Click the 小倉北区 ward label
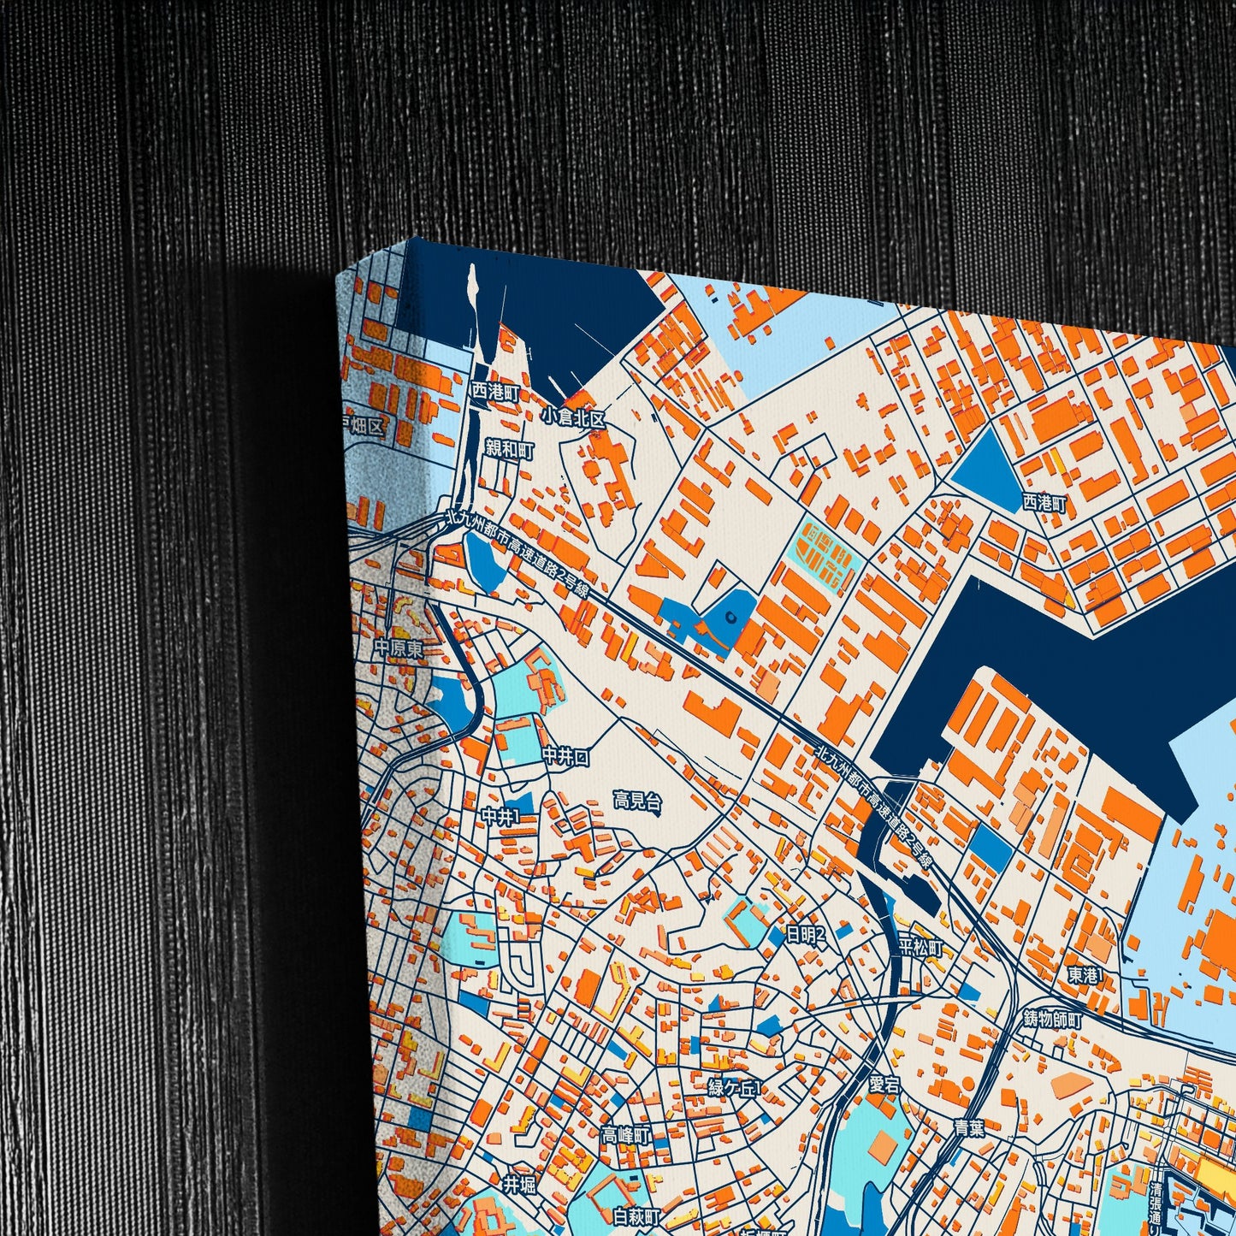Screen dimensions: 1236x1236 coord(573,419)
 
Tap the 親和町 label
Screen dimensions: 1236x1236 coord(509,449)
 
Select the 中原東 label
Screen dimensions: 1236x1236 coord(399,649)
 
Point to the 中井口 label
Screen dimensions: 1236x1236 coord(565,756)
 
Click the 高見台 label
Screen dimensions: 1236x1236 coord(637,801)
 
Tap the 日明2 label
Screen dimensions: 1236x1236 coord(806,935)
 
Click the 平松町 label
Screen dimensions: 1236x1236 coord(920,948)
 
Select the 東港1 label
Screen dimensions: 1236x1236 coord(1085,974)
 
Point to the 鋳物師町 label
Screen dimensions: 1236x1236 coord(1053,1020)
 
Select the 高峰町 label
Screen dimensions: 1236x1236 coord(626,1136)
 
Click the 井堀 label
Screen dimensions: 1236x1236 coord(518,1185)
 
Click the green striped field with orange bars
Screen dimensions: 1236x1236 coord(825,551)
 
